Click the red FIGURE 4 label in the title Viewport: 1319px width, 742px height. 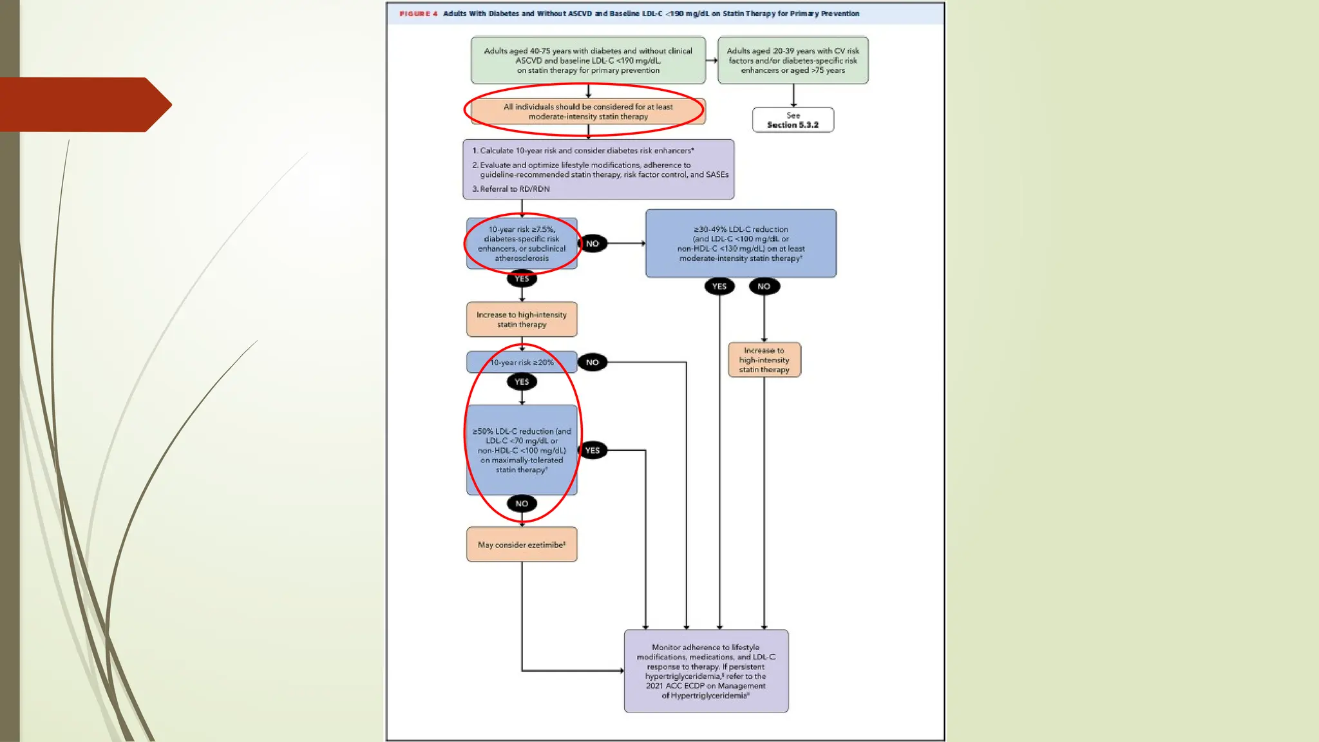(x=418, y=14)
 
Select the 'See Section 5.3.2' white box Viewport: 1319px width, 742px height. (x=793, y=120)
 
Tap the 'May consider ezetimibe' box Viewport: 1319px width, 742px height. (x=522, y=545)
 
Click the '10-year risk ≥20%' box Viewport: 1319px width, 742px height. (x=522, y=363)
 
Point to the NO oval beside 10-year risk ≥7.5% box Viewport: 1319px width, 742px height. (x=593, y=243)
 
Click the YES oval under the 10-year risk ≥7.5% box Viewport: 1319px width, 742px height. (x=522, y=279)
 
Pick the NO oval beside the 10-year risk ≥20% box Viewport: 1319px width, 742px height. (x=593, y=363)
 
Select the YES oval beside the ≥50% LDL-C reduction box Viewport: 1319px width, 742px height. (x=593, y=450)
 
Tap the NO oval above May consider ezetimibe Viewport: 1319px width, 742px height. (x=522, y=504)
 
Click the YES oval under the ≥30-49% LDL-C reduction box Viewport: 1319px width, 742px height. (x=719, y=287)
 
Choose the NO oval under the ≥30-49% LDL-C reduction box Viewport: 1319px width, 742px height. (x=764, y=287)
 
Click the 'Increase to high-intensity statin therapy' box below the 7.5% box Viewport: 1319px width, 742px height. (x=522, y=319)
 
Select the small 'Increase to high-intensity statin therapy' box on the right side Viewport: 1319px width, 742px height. (x=764, y=360)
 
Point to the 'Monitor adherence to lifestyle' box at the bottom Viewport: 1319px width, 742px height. (x=706, y=671)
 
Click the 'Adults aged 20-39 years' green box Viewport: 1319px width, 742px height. (x=793, y=61)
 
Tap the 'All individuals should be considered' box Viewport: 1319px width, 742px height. (x=588, y=111)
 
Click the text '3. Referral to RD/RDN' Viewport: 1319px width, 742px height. (x=511, y=189)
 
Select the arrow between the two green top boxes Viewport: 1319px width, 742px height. (x=712, y=61)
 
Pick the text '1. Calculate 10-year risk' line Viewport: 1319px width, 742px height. (x=583, y=151)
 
